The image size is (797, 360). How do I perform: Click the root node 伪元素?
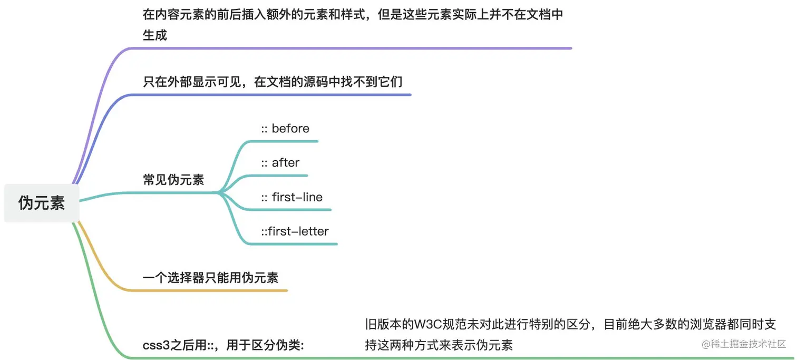(x=42, y=203)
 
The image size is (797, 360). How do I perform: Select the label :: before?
(x=285, y=129)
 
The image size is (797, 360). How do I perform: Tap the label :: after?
(x=280, y=163)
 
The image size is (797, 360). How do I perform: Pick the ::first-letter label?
(x=295, y=231)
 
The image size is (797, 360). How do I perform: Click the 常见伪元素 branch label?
(x=173, y=180)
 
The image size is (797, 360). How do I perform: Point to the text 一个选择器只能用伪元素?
(x=210, y=277)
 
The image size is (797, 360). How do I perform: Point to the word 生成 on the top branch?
(x=155, y=35)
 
